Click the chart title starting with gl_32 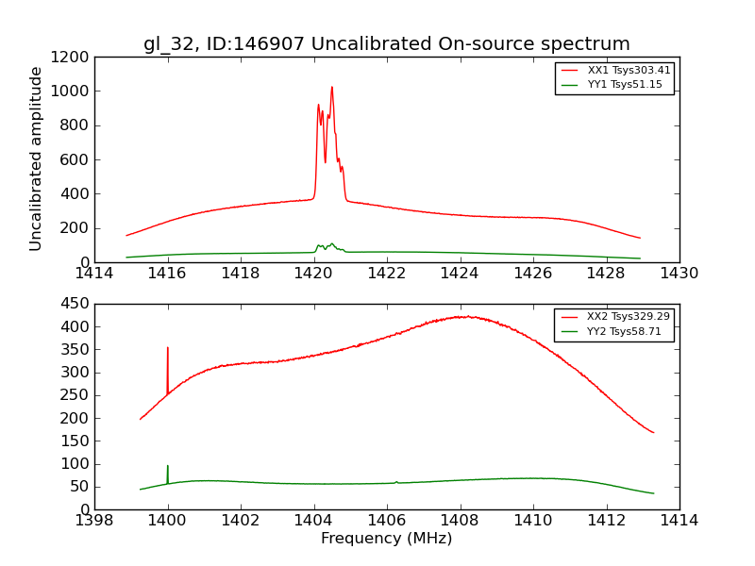coord(387,44)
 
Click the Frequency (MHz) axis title coord(387,539)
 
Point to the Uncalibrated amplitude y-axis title coord(37,158)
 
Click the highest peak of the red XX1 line coord(331,87)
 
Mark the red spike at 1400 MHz coord(168,348)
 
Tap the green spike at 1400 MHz coord(168,466)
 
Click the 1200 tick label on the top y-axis coord(72,58)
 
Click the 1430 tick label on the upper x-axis coord(679,274)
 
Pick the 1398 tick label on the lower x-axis coord(94,521)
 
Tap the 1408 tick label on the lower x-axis coord(460,521)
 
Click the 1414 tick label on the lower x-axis coord(679,521)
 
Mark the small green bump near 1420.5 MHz coord(331,243)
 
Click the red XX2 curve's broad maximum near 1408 coord(464,316)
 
